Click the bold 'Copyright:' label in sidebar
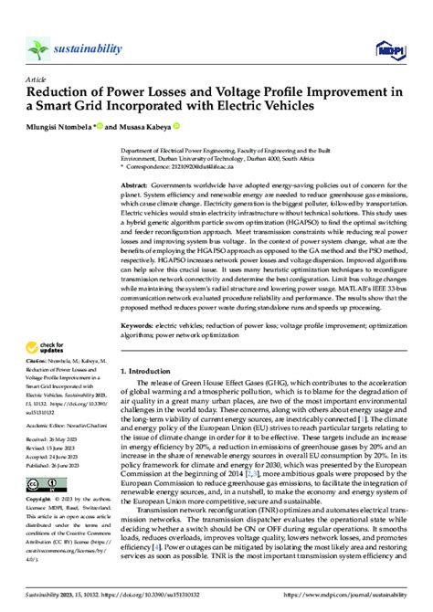pyautogui.click(x=40, y=501)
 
